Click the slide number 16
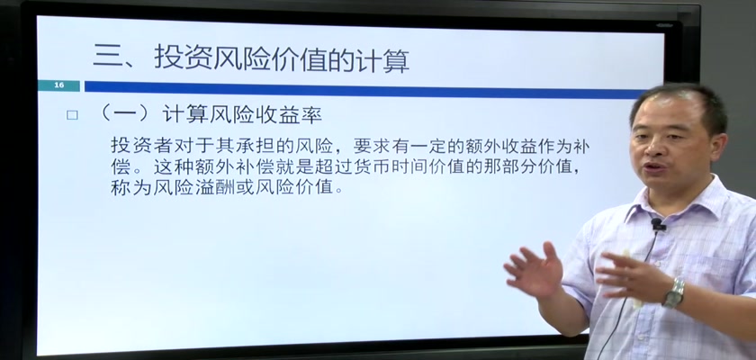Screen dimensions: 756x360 click(x=58, y=85)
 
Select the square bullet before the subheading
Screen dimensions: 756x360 click(x=72, y=115)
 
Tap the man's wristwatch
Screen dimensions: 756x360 click(x=674, y=292)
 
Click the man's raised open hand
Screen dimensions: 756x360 click(x=533, y=269)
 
